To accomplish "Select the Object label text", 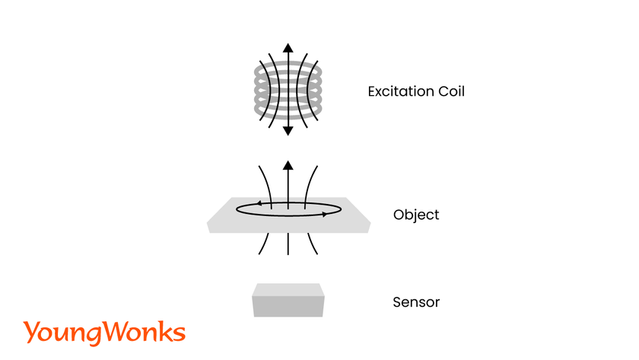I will point(416,215).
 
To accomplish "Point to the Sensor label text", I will point(416,302).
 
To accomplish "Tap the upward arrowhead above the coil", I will point(288,48).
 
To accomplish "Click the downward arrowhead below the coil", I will point(288,130).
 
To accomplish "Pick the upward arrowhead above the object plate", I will point(288,165).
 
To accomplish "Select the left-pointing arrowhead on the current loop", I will point(260,203).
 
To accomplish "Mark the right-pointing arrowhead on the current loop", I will point(325,214).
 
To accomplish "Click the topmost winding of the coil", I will point(288,63).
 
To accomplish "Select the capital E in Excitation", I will point(372,92).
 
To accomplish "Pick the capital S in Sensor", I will point(397,302).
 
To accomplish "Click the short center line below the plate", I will point(288,244).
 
